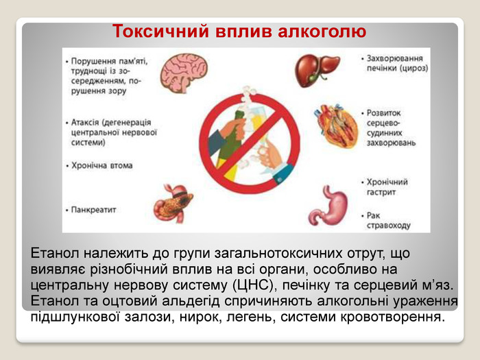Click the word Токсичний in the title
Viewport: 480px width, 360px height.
click(x=160, y=32)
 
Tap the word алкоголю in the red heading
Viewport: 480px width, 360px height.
click(x=322, y=32)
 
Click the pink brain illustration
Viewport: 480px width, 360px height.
click(x=184, y=73)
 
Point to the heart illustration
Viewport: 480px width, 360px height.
click(x=336, y=125)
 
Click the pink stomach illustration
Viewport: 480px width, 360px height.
click(x=328, y=205)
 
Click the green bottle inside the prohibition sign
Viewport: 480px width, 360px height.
click(x=231, y=144)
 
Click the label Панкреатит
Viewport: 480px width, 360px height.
click(x=94, y=210)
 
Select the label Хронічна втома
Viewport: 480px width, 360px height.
click(x=102, y=166)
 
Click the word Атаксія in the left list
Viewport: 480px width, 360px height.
click(x=85, y=123)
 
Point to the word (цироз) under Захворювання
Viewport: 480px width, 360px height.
click(x=413, y=69)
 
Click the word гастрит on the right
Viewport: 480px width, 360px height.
click(x=381, y=192)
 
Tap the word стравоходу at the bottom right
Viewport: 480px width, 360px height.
click(x=389, y=226)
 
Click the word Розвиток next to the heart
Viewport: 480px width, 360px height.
click(x=383, y=113)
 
